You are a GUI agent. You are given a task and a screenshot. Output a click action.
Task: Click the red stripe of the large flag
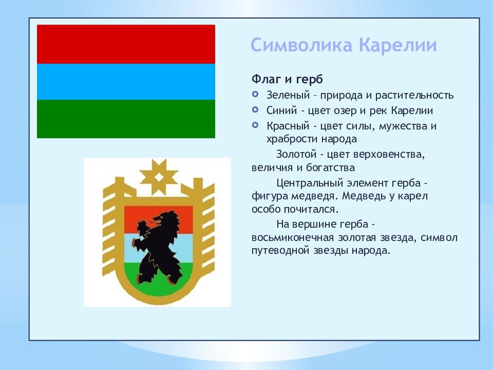(126, 44)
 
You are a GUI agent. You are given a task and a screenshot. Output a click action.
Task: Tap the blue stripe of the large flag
(126, 82)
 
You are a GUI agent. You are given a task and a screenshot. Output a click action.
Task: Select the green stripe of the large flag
(126, 119)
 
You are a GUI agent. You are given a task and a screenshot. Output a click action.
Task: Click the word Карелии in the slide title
(397, 45)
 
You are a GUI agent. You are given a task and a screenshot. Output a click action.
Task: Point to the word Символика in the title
(301, 45)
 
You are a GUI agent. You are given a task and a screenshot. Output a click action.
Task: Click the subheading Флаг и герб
(287, 80)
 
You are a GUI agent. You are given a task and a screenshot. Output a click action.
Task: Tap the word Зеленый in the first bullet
(288, 95)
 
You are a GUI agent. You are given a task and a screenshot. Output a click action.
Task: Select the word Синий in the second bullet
(281, 110)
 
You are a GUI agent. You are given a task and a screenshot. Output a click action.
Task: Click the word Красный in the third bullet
(288, 126)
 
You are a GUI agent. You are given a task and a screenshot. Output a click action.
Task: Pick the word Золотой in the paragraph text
(296, 154)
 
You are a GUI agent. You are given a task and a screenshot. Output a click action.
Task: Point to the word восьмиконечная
(293, 237)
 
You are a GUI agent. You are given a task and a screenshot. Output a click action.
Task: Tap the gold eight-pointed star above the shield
(159, 177)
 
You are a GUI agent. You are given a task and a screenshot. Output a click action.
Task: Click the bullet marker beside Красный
(255, 125)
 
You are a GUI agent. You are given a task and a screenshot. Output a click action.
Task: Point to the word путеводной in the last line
(280, 251)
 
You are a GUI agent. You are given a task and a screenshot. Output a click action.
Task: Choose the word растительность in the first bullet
(414, 96)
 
